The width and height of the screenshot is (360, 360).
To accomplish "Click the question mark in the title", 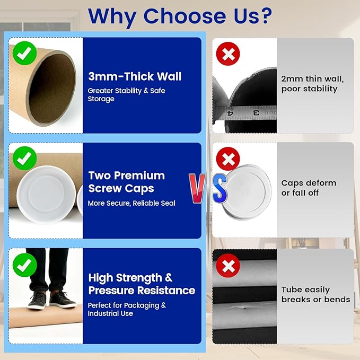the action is [265, 15].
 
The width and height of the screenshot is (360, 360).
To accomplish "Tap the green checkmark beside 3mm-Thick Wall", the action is [24, 53].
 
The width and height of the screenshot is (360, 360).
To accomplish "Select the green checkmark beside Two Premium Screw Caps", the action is [24, 159].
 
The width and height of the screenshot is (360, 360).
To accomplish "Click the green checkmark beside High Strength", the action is [24, 265].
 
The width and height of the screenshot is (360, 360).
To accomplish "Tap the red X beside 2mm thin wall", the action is [228, 54].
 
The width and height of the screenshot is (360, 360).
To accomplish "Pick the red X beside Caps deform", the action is [228, 159].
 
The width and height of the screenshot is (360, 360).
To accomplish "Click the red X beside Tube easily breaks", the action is [228, 266].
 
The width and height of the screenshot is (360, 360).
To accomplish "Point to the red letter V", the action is [197, 188].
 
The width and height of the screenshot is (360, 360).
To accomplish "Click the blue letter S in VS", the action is [220, 188].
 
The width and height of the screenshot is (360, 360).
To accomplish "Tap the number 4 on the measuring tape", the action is [230, 113].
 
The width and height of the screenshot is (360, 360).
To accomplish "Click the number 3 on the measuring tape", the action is [256, 113].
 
